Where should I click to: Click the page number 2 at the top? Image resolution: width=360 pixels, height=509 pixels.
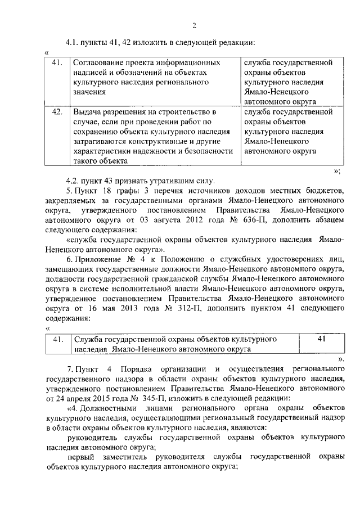pos(193,25)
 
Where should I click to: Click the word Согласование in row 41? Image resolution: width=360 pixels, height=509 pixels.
pos(99,62)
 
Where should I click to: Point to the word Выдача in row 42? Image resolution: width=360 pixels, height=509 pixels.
pos(88,112)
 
